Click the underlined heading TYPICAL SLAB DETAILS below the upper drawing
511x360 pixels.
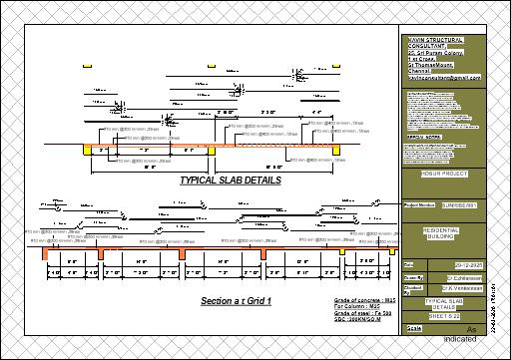point(230,181)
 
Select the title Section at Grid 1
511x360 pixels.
point(237,300)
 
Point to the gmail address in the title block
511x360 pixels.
point(445,77)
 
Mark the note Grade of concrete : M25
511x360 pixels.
point(358,298)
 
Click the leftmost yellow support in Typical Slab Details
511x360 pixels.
point(88,149)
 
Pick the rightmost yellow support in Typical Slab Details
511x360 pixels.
point(338,149)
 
